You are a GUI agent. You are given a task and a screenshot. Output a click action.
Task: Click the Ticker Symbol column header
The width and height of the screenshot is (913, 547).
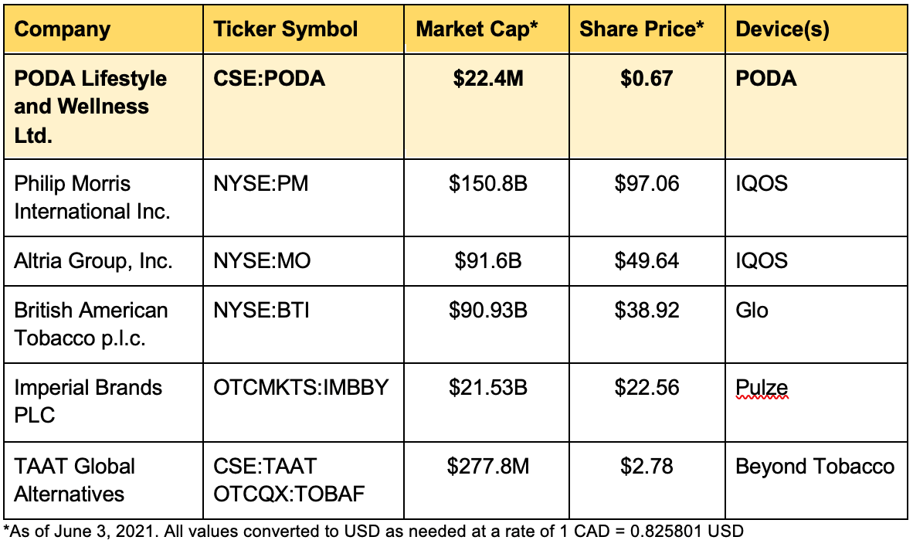coord(285,29)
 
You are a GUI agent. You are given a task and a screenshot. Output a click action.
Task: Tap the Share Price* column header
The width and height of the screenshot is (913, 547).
coord(642,29)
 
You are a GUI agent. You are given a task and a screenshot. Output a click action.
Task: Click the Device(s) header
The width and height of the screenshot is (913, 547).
coord(782,29)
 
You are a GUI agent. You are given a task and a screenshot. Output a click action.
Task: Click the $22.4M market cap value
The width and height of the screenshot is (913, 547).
coord(488,79)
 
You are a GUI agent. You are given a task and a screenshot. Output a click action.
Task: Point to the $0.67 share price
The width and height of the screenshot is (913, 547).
coord(647,79)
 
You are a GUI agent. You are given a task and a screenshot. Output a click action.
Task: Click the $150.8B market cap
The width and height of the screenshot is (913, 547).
coord(488,184)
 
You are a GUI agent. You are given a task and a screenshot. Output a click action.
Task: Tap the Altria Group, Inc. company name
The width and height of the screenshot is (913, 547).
coord(93,260)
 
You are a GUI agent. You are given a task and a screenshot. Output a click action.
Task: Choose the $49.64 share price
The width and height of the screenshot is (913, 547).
coord(647,260)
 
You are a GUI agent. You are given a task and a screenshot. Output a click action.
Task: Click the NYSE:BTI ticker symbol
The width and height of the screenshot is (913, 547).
coord(261,310)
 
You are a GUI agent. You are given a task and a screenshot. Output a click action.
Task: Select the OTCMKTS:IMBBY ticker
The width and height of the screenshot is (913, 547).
coord(301,387)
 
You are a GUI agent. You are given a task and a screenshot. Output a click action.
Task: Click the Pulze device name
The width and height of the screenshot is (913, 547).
coord(762,387)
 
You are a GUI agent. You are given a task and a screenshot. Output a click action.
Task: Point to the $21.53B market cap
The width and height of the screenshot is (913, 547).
coord(488,387)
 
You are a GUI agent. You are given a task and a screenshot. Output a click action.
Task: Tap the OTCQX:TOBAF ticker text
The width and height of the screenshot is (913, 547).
coord(289,494)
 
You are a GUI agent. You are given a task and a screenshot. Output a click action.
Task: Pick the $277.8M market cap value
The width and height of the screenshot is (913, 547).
coord(488,466)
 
